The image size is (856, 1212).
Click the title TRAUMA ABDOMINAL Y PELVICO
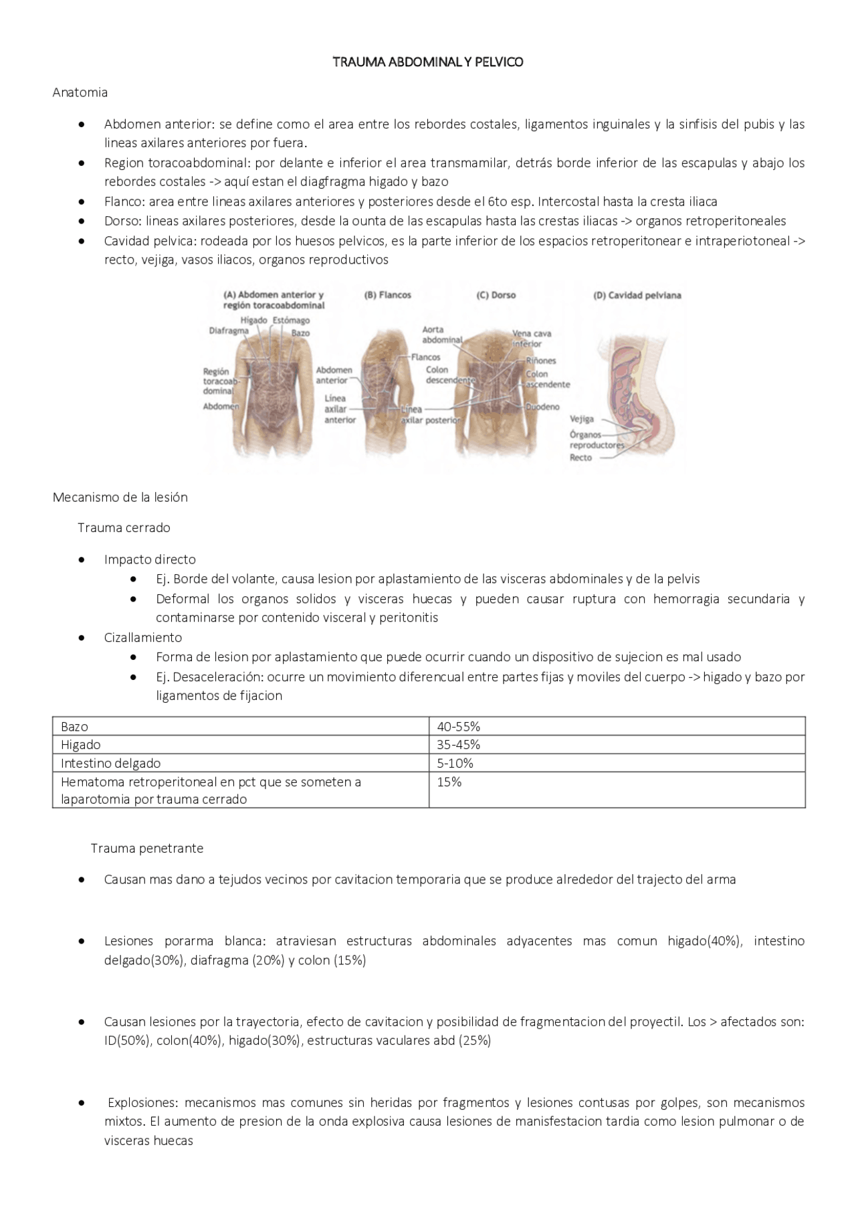[428, 62]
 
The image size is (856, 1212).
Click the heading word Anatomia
[80, 92]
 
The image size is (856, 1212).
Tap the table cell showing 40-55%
[458, 726]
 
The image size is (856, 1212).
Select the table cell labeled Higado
[81, 744]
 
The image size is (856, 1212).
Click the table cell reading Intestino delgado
[110, 763]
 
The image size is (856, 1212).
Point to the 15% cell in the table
[449, 782]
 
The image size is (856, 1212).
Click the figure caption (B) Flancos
[387, 294]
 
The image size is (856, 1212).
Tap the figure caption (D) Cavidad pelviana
[637, 294]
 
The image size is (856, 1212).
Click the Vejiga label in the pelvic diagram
[581, 419]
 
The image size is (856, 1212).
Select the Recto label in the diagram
[580, 458]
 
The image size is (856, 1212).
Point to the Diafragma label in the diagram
[229, 330]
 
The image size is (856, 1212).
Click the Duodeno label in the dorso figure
[542, 407]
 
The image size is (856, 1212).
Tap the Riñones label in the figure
[540, 360]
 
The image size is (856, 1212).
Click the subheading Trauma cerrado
[124, 527]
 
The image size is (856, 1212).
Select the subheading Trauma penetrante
[147, 848]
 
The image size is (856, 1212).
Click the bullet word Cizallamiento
[142, 637]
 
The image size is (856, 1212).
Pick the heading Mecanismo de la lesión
[120, 497]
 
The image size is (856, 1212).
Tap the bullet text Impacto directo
[150, 559]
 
